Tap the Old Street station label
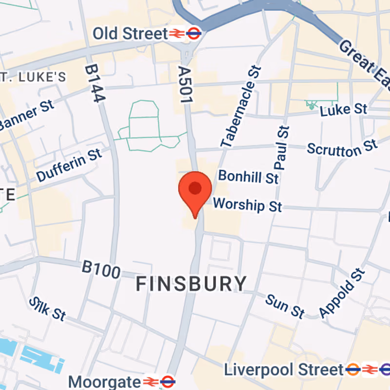130,34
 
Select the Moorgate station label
104,380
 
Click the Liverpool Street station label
284,369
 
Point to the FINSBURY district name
191,283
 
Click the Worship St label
248,205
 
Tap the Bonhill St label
249,176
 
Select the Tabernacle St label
242,107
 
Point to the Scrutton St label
342,148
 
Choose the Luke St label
343,109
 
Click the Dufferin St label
69,165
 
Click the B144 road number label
95,84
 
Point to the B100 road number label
101,269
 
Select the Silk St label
47,309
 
